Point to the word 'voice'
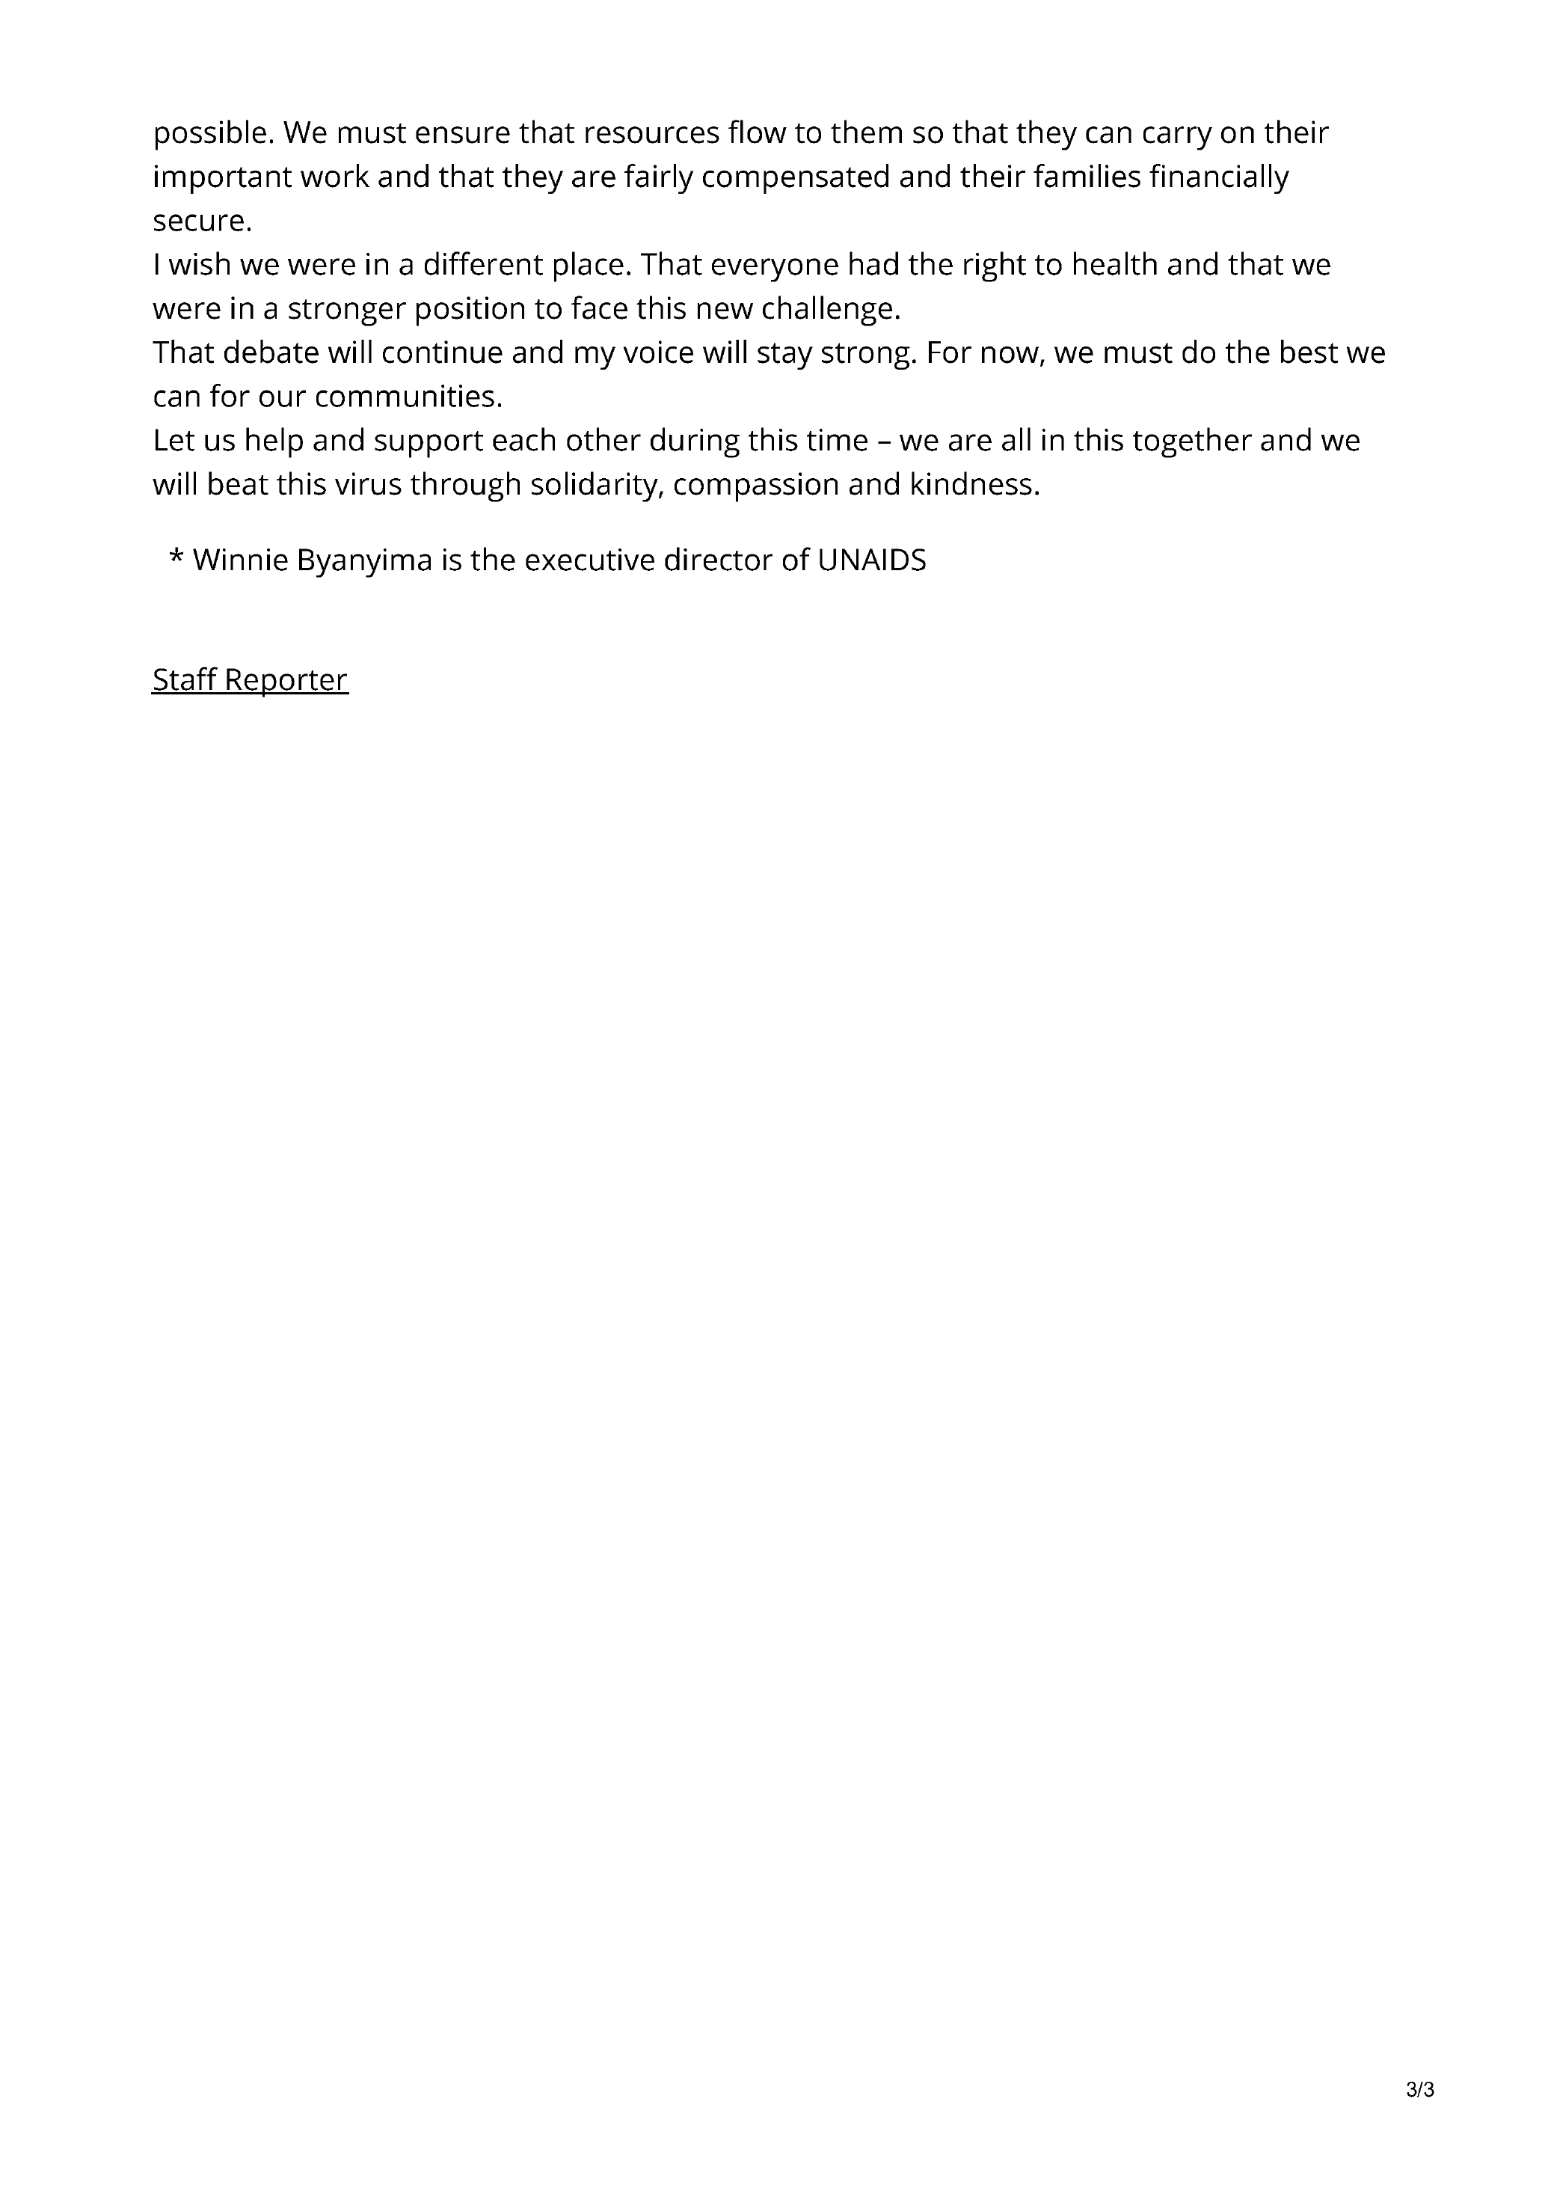tap(657, 352)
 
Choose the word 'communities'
tap(408, 397)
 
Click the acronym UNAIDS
tap(871, 560)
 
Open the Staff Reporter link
tap(251, 679)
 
